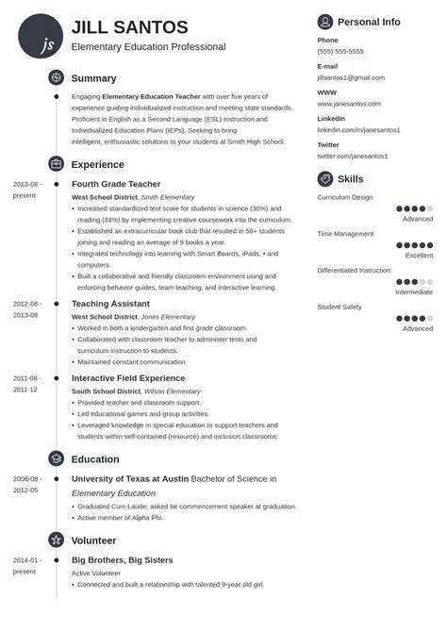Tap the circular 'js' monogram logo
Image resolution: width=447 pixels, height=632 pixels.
point(41,37)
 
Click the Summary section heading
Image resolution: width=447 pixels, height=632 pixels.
point(93,78)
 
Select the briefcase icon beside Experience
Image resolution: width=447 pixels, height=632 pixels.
point(56,163)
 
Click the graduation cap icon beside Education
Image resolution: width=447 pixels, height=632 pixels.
point(56,459)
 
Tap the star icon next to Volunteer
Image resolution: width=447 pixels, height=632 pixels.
point(56,541)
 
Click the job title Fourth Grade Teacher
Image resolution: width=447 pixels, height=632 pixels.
point(116,184)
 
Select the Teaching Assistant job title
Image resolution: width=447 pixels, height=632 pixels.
point(110,304)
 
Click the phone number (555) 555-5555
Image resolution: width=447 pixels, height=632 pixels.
point(340,52)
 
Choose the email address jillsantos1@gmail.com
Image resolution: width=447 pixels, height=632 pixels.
point(351,77)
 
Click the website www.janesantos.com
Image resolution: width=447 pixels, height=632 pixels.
point(349,104)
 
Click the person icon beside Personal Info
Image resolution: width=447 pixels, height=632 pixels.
point(325,22)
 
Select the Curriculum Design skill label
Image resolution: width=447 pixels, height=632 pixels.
point(345,197)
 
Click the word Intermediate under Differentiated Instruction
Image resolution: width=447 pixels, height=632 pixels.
point(414,291)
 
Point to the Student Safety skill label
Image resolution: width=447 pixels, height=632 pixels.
point(339,307)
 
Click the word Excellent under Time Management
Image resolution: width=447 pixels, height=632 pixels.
point(419,256)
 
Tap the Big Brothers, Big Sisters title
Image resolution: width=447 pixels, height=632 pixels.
point(123,560)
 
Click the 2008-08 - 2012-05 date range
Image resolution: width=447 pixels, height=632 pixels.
point(25,484)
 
